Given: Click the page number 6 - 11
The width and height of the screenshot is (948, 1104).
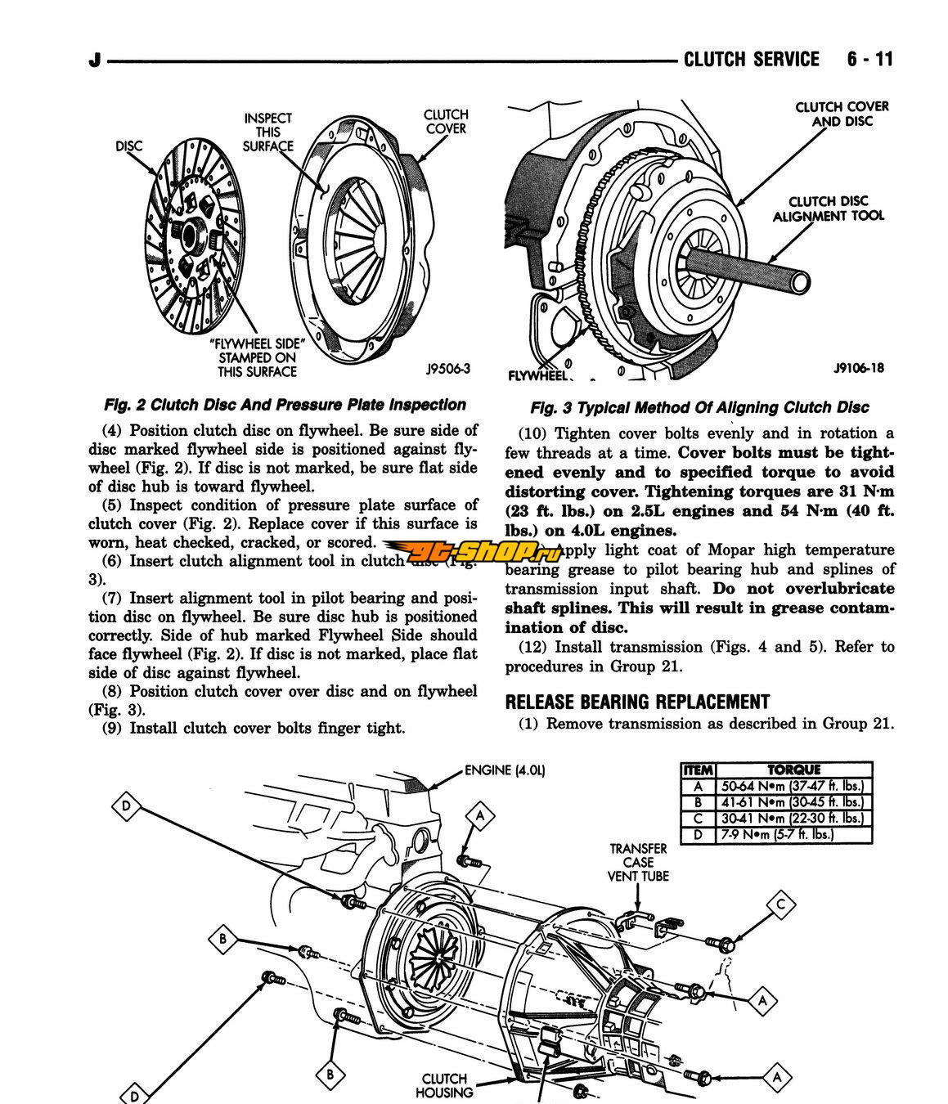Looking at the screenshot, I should point(870,59).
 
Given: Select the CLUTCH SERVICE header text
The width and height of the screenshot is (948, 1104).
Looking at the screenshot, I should point(751,59).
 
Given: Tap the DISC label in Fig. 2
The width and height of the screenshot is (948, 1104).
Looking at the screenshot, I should point(128,146).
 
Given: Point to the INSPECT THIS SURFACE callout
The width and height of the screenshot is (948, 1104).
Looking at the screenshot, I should point(268,132).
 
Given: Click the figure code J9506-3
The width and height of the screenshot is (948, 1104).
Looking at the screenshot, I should point(447,369).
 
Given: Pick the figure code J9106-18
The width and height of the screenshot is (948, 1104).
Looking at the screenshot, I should point(858,368).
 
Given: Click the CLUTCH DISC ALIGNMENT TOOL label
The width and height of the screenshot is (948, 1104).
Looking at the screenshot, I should point(829,209).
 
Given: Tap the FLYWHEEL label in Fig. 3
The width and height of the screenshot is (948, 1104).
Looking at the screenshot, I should point(537,375).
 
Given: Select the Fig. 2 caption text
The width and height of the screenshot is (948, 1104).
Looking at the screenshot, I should point(285,405).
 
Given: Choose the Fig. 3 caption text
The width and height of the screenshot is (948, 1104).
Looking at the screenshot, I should point(699,407).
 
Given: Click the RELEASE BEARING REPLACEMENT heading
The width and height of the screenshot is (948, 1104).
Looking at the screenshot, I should point(637,702).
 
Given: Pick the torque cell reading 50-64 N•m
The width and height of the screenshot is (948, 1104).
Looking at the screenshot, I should point(792,786).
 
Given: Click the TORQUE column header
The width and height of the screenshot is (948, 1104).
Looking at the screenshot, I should point(793,770).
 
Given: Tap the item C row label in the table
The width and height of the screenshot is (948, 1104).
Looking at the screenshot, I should point(698,819).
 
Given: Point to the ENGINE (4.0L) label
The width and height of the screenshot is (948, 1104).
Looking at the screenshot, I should point(505,770).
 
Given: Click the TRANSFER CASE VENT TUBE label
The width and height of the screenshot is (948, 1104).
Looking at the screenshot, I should point(638,862).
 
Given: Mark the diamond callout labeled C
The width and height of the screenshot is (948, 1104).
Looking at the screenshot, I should point(781,904).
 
